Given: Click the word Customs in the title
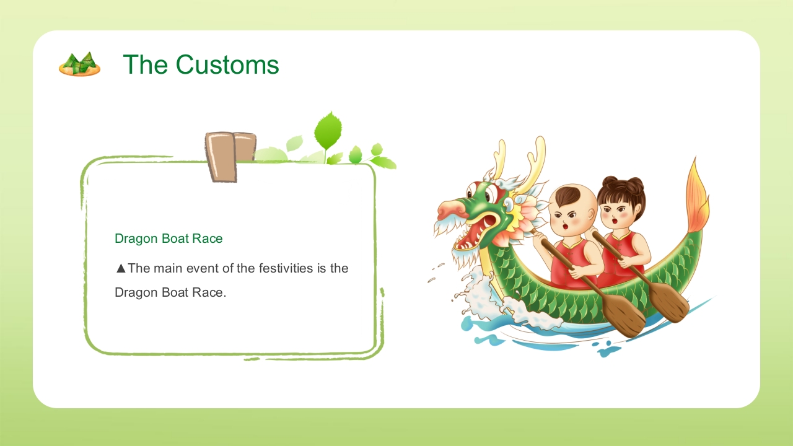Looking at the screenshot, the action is [x=227, y=64].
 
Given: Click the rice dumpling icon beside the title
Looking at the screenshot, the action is [x=80, y=64].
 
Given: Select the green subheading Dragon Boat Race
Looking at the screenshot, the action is [x=169, y=238].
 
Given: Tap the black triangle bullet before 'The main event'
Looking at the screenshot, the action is [x=121, y=268].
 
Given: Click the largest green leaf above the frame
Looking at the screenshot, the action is [x=328, y=130].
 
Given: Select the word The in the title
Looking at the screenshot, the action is [x=145, y=64].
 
